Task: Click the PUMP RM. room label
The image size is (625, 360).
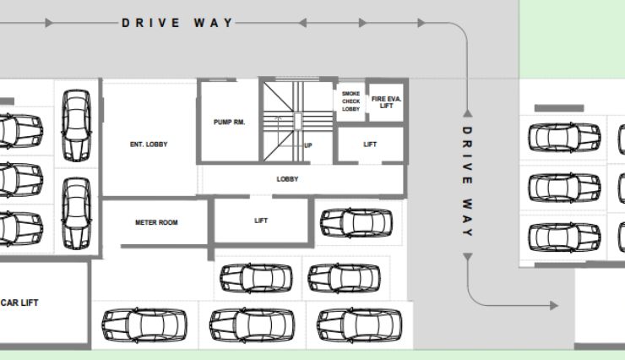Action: (229, 122)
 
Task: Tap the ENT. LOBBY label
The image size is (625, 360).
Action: (149, 145)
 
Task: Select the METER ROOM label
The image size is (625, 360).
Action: (156, 222)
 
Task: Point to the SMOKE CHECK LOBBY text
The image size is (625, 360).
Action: (351, 101)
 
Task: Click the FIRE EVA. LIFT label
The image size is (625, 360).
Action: (386, 102)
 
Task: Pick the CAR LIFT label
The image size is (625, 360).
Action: (19, 303)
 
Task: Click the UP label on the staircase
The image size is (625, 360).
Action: (308, 145)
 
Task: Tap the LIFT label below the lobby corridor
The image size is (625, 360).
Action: (261, 221)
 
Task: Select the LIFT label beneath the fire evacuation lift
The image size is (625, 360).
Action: (370, 145)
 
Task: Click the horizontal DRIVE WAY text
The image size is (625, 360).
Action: (177, 23)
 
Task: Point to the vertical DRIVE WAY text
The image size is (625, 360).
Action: (467, 181)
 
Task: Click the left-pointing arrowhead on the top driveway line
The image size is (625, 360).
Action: (302, 23)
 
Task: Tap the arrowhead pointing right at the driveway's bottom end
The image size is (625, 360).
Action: (554, 306)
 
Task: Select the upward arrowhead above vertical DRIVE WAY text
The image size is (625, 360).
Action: (468, 113)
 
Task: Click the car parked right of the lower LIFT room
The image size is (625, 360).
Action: (356, 223)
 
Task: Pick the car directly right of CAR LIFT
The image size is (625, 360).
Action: (144, 325)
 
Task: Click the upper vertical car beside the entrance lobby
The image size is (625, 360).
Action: (76, 125)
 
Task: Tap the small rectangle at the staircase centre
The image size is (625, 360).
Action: (298, 121)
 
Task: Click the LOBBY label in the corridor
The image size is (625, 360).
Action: (287, 179)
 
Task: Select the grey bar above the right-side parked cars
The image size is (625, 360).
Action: (559, 108)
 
